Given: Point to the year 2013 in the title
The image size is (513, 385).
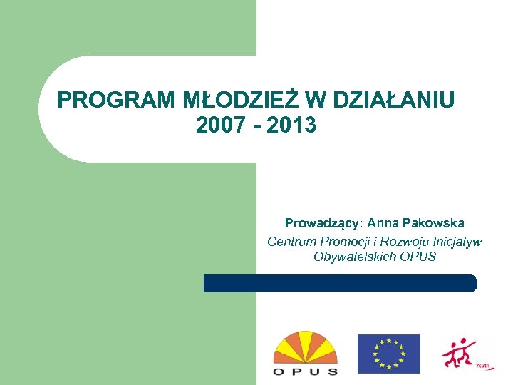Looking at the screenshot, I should tap(293, 125).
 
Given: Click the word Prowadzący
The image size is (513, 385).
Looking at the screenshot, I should tap(323, 224).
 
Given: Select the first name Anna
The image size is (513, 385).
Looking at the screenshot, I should tap(383, 224).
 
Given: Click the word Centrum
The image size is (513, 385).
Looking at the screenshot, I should tap(289, 242).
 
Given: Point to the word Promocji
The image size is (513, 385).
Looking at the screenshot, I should tap(341, 242).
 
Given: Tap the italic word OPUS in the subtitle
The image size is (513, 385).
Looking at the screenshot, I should tap(418, 257).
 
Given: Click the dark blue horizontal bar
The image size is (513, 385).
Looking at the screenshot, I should tap(340, 283).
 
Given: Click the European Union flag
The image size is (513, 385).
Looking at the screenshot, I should tap(388, 354).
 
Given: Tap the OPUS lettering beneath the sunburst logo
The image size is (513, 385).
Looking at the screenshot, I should tap(306, 371).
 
